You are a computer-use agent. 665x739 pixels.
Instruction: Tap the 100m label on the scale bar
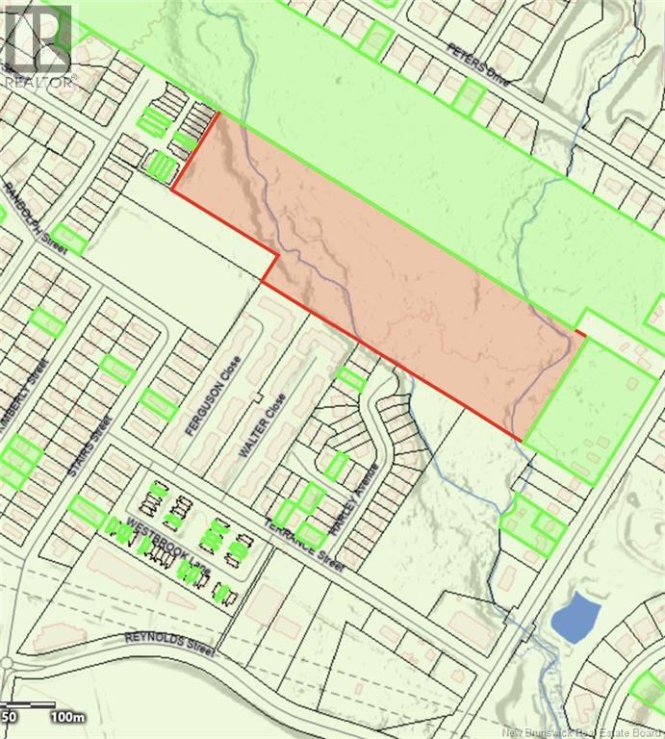click(x=68, y=717)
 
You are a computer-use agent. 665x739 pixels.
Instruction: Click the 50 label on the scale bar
click(x=10, y=717)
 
